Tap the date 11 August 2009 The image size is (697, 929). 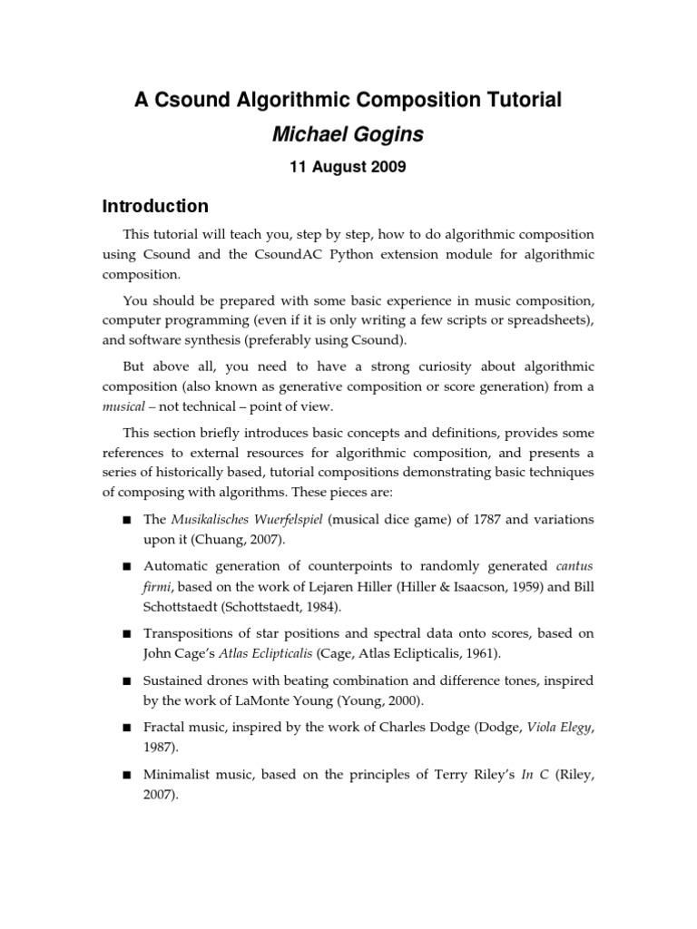click(x=348, y=167)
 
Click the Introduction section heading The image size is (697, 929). click(x=155, y=206)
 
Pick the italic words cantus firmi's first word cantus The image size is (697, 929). click(x=574, y=566)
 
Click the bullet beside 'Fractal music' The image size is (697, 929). click(x=126, y=728)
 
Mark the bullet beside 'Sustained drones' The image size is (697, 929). click(x=126, y=680)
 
